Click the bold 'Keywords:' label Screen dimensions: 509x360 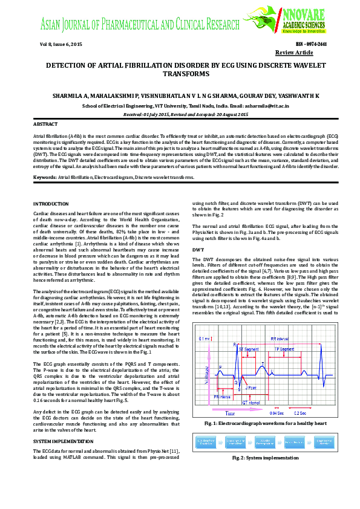pyautogui.click(x=45, y=178)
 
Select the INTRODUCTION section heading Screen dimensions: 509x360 pyautogui.click(x=51, y=204)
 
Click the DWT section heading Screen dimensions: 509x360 pyautogui.click(x=198, y=249)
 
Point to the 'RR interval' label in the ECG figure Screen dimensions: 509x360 pyautogui.click(x=280, y=339)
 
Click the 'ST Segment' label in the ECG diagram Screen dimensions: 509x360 pyautogui.click(x=248, y=349)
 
